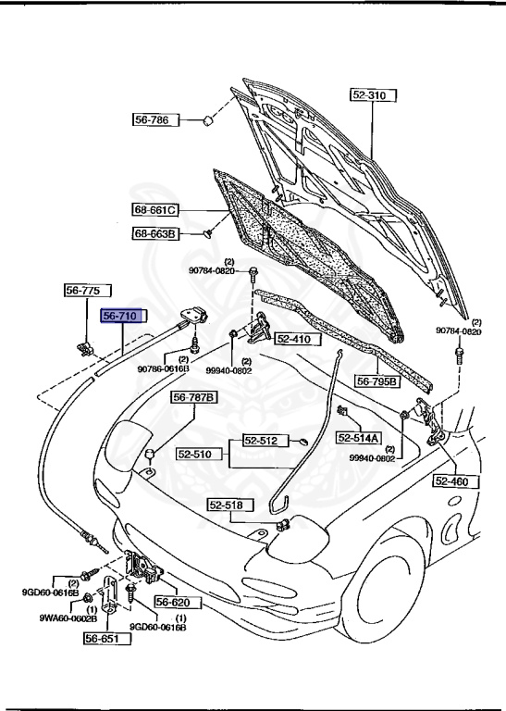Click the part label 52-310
coord(372,94)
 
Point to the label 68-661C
coord(154,210)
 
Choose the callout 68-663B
coord(154,234)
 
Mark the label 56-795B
coord(377,380)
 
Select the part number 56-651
coord(104,637)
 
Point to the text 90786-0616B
coord(164,368)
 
